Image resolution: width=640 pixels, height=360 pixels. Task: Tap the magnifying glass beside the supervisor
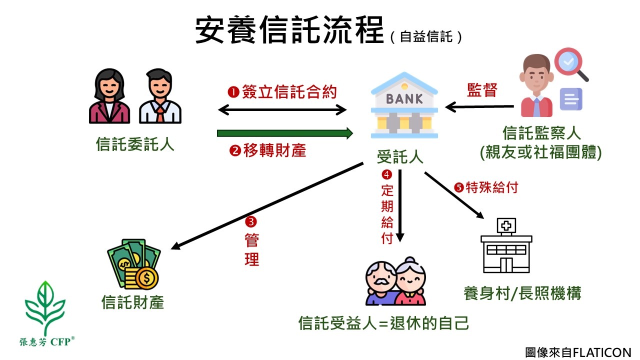pyautogui.click(x=570, y=64)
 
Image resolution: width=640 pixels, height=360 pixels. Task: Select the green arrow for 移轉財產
pyautogui.click(x=285, y=133)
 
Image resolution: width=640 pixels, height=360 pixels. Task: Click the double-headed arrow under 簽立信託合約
pyautogui.click(x=282, y=109)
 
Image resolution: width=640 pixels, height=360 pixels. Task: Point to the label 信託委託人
pyautogui.click(x=135, y=144)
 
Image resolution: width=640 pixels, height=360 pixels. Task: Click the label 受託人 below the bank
pyautogui.click(x=400, y=157)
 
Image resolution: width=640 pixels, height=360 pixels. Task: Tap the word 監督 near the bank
pyautogui.click(x=482, y=90)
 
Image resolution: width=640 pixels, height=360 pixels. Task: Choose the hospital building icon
pyautogui.click(x=506, y=246)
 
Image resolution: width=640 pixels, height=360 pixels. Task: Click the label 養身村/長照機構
pyautogui.click(x=522, y=293)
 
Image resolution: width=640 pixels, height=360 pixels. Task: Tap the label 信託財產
pyautogui.click(x=132, y=302)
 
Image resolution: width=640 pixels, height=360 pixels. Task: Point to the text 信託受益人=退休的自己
pyautogui.click(x=383, y=323)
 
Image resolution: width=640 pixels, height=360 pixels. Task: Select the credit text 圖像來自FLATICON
pyautogui.click(x=578, y=352)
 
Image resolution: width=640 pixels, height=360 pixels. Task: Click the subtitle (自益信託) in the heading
pyautogui.click(x=426, y=37)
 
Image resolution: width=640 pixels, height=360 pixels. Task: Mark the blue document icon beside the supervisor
pyautogui.click(x=570, y=99)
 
